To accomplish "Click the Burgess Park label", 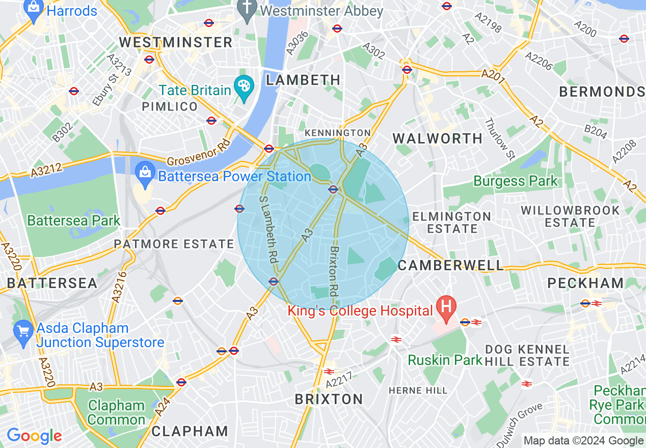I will coord(516,181).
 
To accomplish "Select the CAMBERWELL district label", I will coord(451,265).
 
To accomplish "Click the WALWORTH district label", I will coord(438,138).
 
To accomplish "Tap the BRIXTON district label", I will coord(329,399).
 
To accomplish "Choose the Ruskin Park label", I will coord(445,360).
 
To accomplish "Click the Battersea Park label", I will coord(73,220).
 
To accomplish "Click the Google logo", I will coord(34,436).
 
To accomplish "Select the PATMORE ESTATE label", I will coord(174,244).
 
